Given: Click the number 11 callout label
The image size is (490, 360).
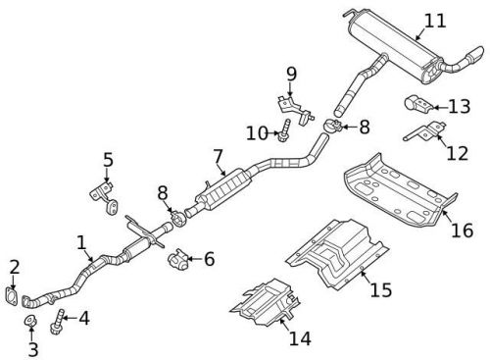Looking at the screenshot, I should click(433, 19).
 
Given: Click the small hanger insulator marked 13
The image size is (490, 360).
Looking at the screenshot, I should click(413, 103).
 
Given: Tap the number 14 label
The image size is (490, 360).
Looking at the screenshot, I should click(300, 339).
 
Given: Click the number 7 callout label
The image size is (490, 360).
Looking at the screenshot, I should click(219, 154).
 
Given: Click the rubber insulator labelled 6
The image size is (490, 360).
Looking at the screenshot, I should click(176, 261).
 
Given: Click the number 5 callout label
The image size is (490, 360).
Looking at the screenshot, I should click(108, 158).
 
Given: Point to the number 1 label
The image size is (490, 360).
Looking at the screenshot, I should click(81, 240).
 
